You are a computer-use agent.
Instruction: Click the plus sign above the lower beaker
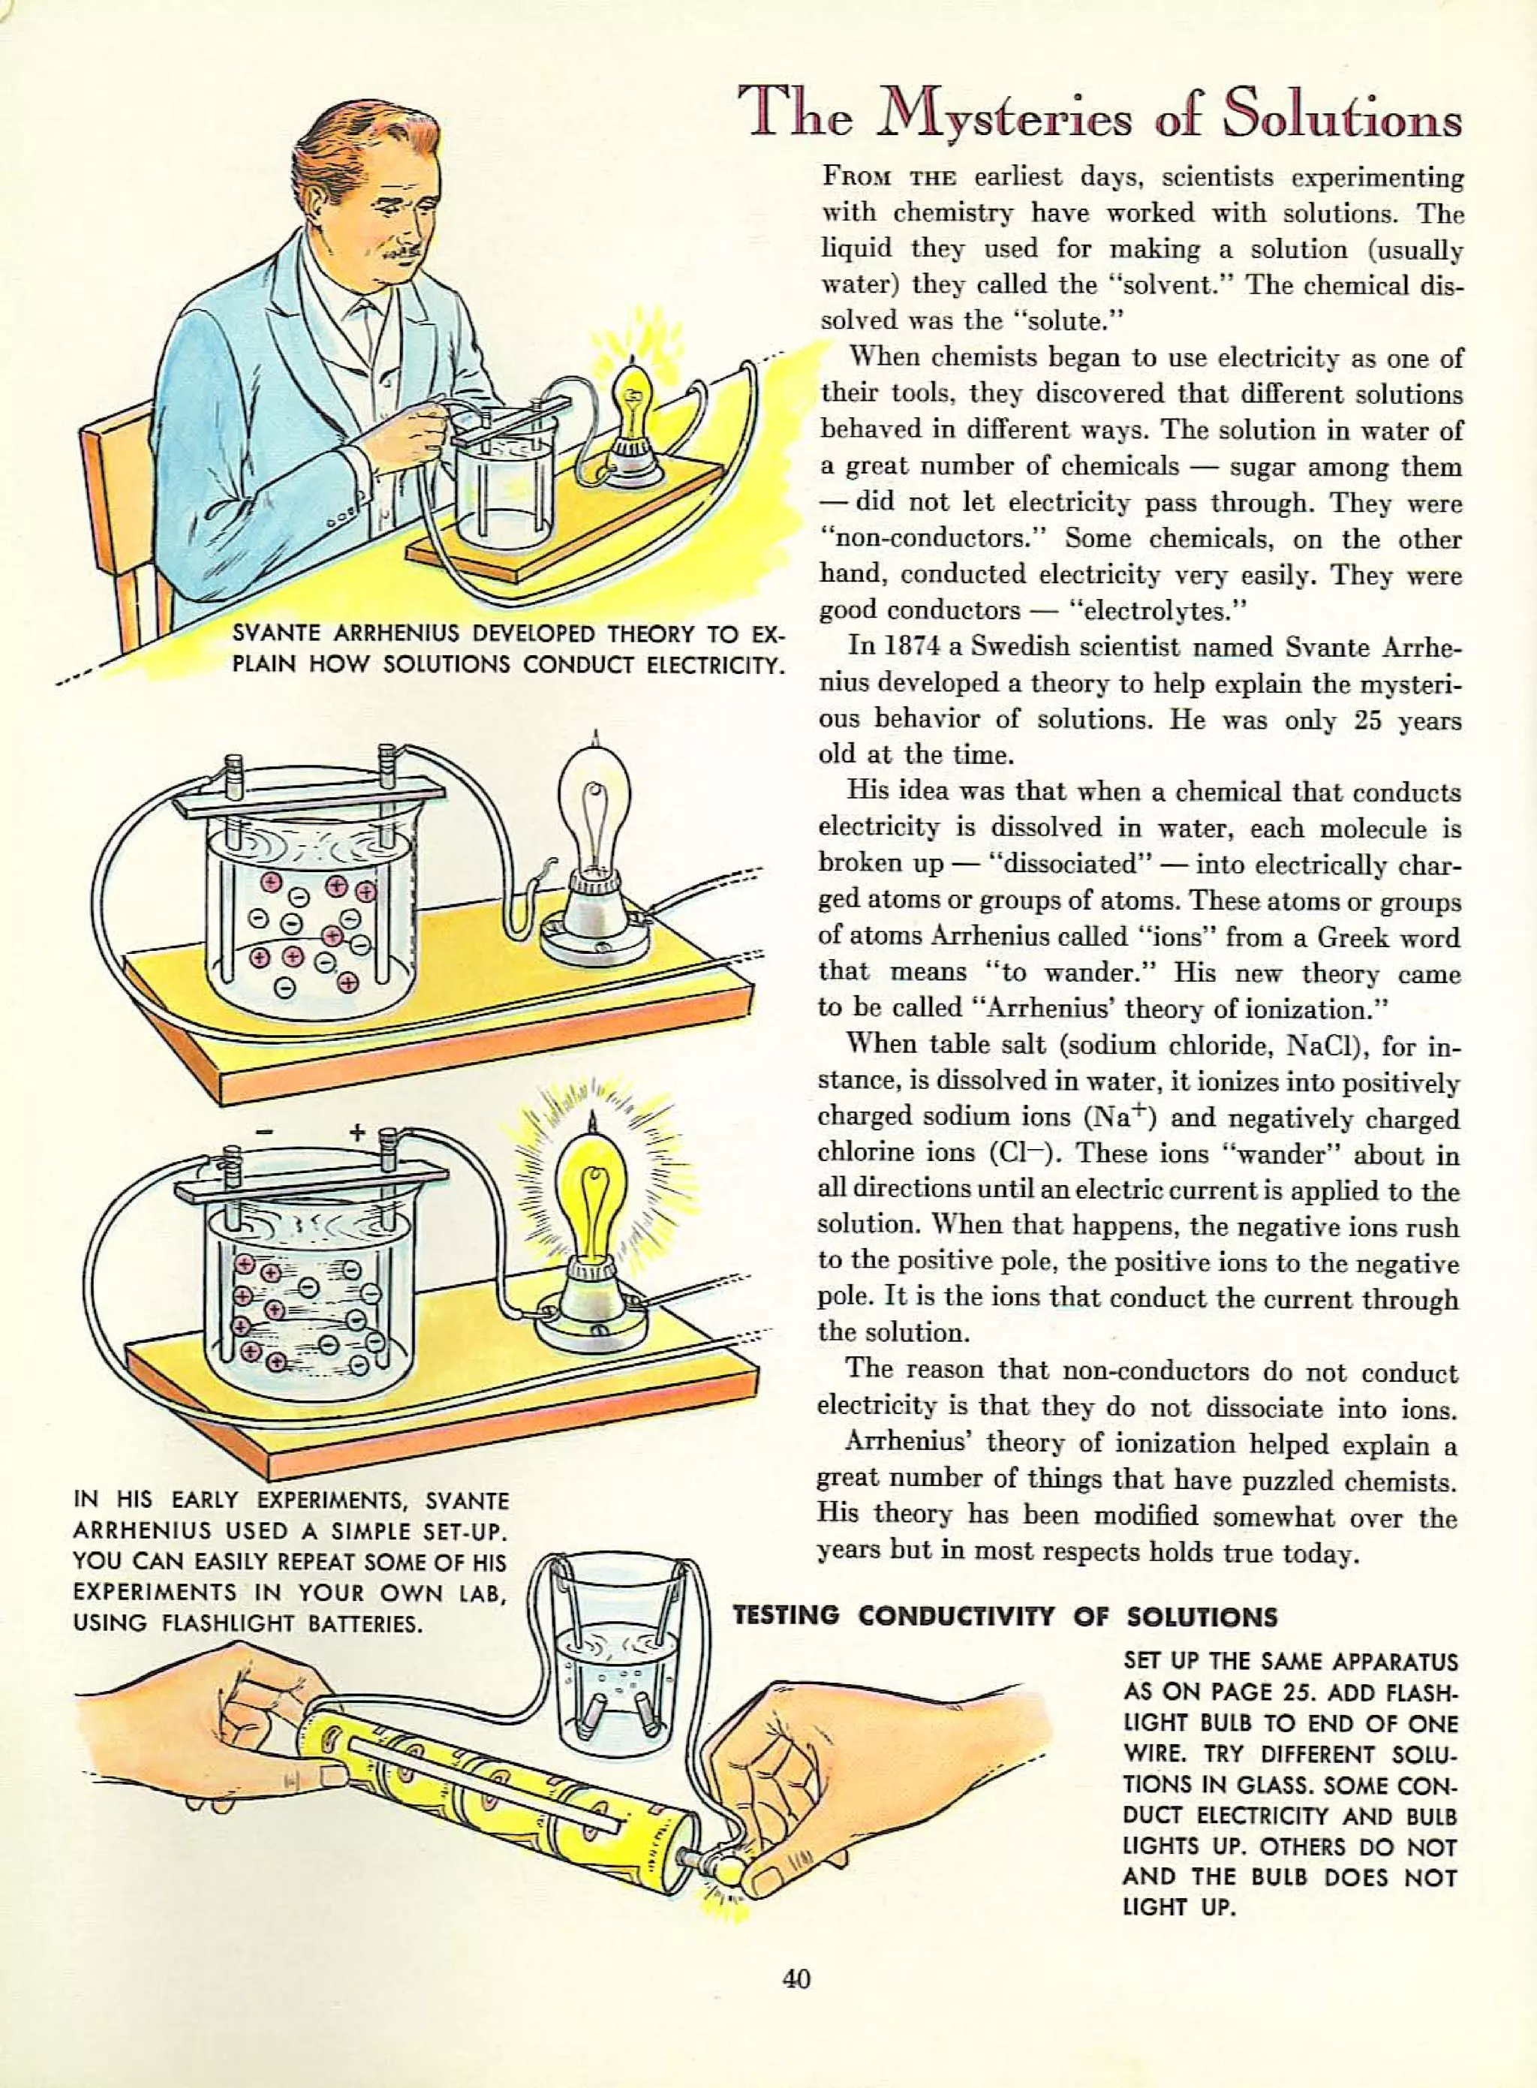click(x=356, y=1133)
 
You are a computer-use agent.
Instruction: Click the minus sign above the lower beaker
click(x=265, y=1133)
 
